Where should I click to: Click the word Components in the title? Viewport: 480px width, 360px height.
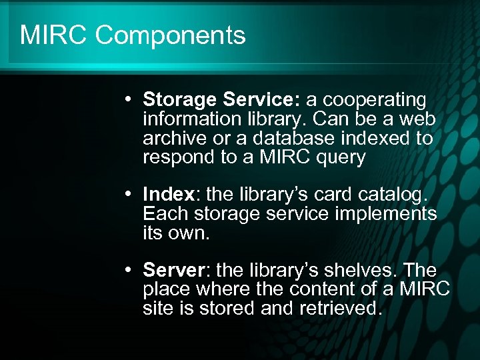pos(170,35)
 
